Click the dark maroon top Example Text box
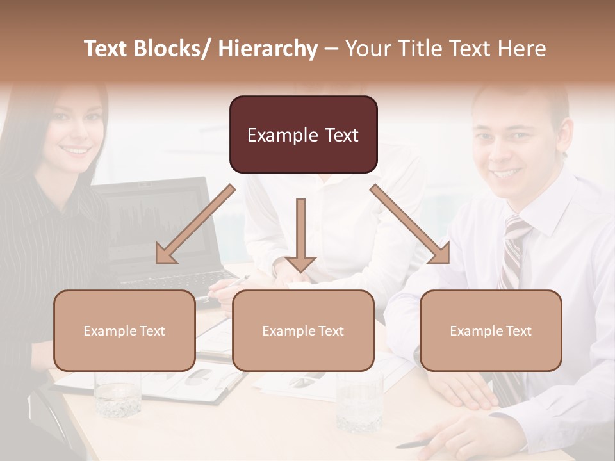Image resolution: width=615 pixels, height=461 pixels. pyautogui.click(x=303, y=134)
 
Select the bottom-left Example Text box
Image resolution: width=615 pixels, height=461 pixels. pyautogui.click(x=124, y=330)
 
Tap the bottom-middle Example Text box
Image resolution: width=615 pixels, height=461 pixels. pyautogui.click(x=303, y=330)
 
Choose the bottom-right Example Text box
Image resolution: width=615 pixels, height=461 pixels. pyautogui.click(x=491, y=330)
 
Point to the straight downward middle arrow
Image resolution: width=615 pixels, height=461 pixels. pyautogui.click(x=300, y=234)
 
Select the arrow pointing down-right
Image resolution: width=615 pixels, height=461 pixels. pyautogui.click(x=411, y=224)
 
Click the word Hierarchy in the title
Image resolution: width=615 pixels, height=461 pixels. pyautogui.click(x=268, y=49)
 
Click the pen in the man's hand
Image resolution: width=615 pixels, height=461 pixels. pyautogui.click(x=416, y=444)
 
